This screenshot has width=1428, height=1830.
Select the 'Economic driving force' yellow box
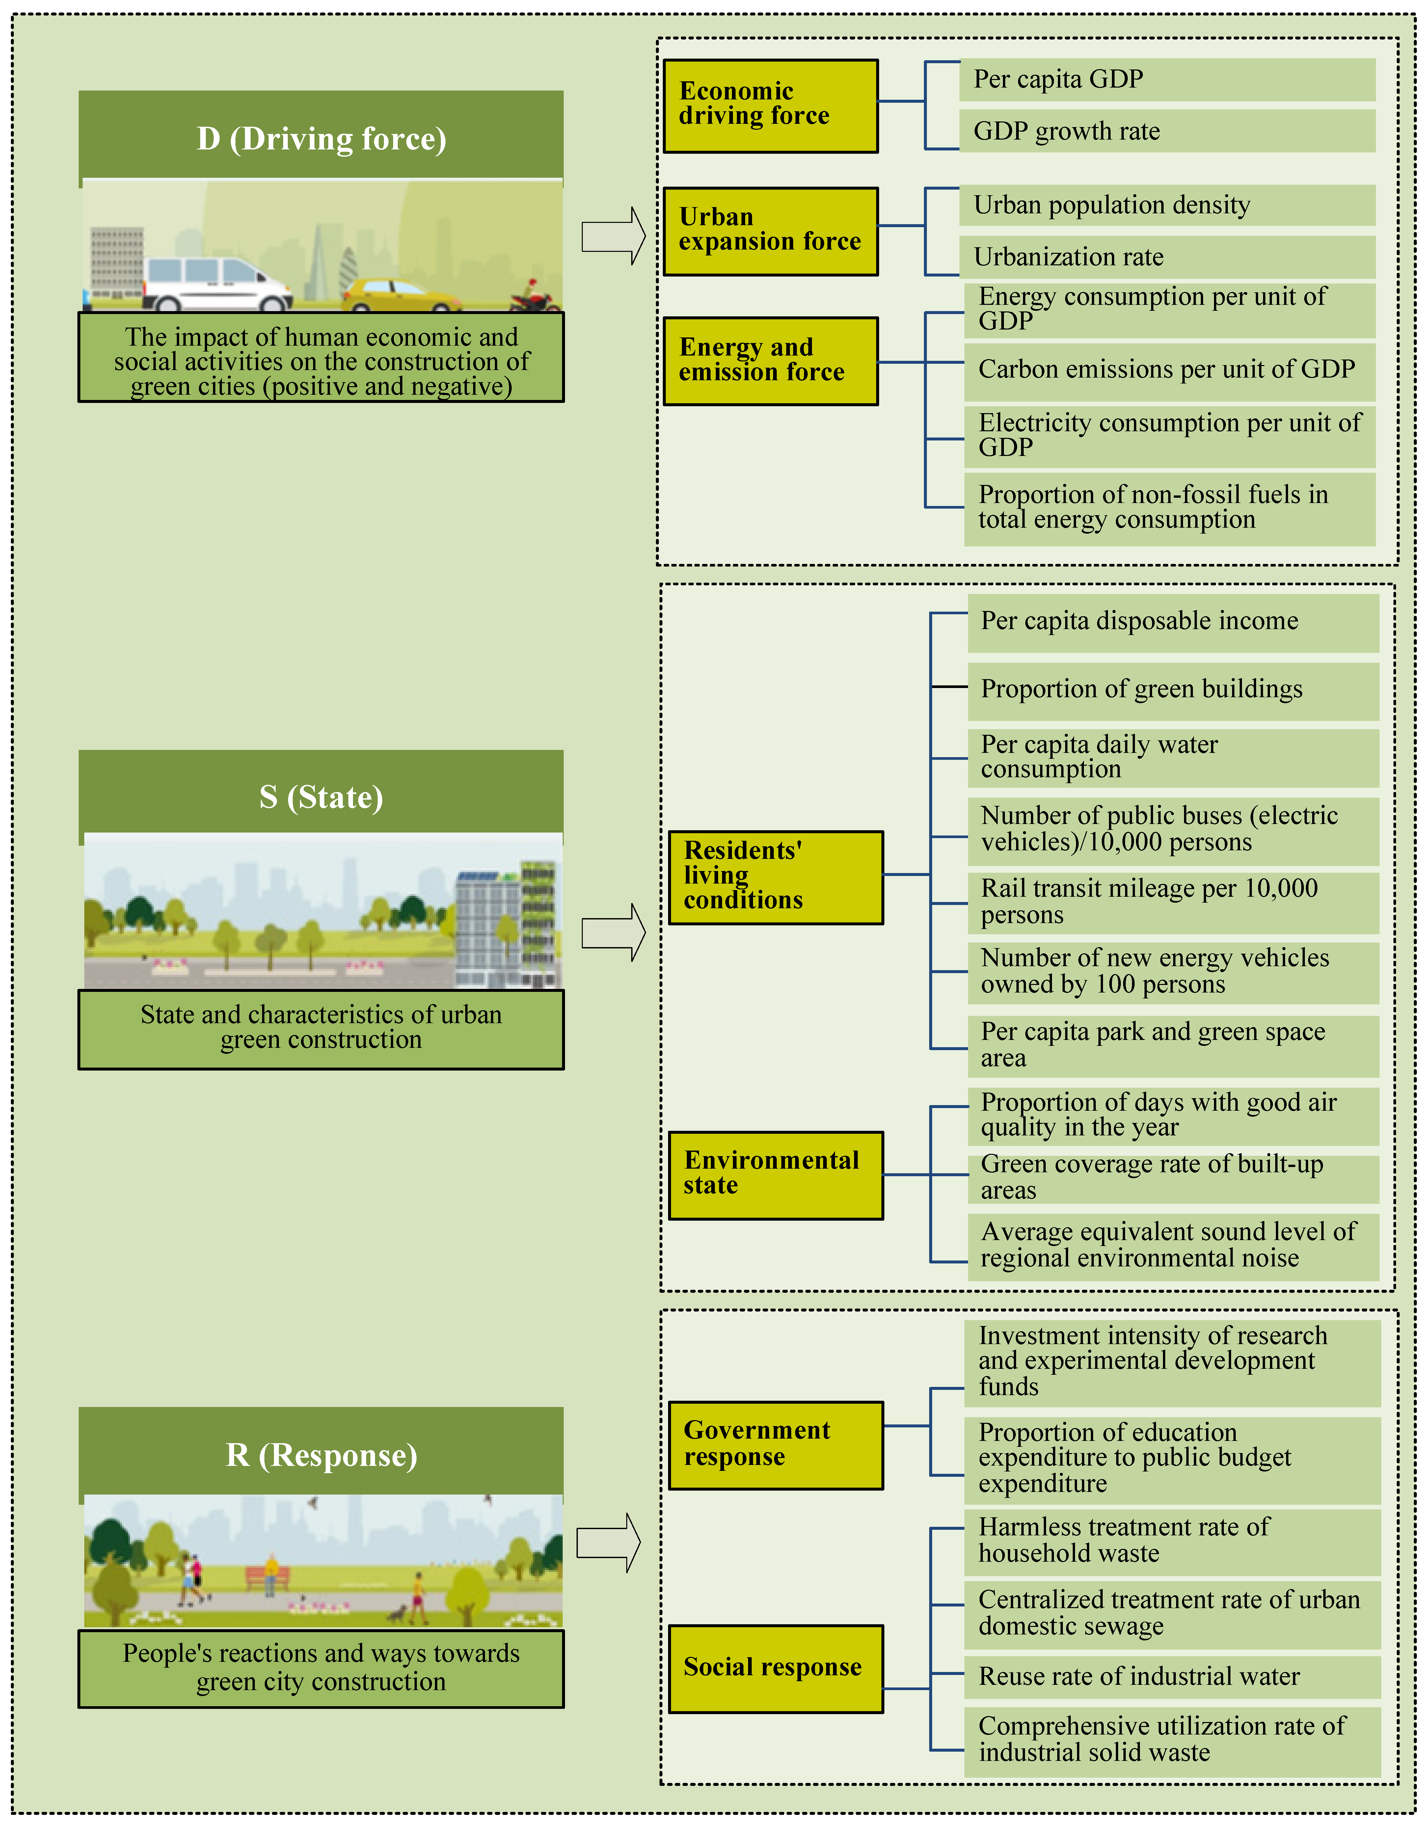[x=770, y=106]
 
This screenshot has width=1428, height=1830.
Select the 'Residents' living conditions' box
[x=775, y=876]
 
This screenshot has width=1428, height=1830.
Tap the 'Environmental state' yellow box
[x=775, y=1174]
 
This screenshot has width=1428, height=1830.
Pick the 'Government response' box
[x=775, y=1445]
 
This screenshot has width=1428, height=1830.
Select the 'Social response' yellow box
[x=775, y=1667]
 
